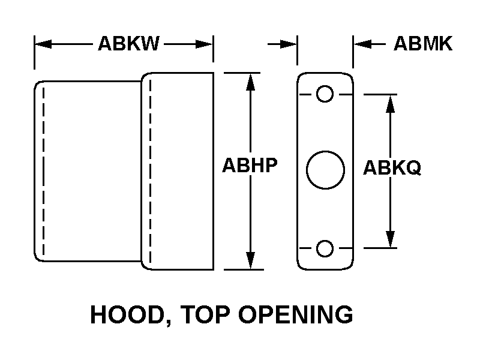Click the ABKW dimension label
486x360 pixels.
tap(128, 44)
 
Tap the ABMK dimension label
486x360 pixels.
tap(422, 44)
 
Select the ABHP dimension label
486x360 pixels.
tap(250, 166)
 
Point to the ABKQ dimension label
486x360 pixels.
tap(392, 169)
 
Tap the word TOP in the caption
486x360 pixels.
tap(203, 315)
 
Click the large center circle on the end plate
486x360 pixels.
tap(325, 170)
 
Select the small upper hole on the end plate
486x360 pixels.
tap(325, 94)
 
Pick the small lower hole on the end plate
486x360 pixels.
tap(325, 247)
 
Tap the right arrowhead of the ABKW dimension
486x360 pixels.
tap(206, 44)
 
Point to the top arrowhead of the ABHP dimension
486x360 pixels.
tap(251, 81)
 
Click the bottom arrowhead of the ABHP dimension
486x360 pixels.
tap(251, 262)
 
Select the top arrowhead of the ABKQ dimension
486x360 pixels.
tap(391, 103)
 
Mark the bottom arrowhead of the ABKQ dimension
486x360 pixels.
tap(391, 239)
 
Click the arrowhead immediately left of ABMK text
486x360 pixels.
tap(361, 44)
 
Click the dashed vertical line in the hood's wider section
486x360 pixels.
tap(150, 171)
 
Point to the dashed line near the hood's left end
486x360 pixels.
tap(43, 171)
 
